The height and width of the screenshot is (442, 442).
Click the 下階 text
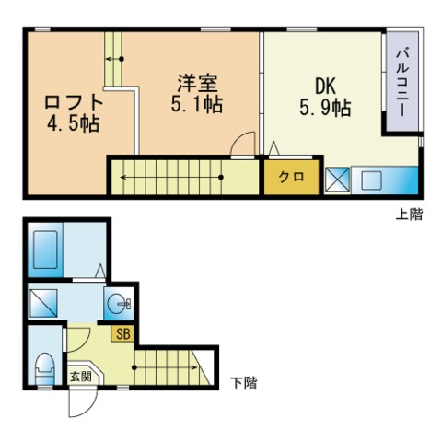point(243,380)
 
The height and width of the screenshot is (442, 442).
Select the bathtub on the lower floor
point(47,248)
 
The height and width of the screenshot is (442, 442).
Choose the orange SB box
point(122,334)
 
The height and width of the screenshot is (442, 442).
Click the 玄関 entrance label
point(80,376)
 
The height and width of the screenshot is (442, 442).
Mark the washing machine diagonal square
point(43,301)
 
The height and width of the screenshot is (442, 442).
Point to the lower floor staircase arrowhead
point(194,369)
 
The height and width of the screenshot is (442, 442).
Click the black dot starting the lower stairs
point(135,369)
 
